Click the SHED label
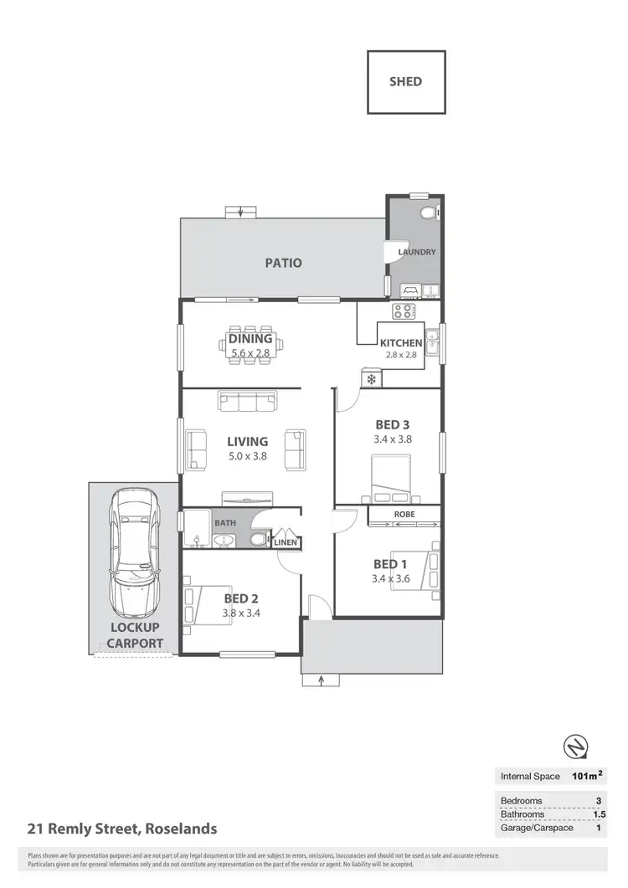coord(406,81)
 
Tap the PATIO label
coord(283,263)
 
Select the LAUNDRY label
coord(416,252)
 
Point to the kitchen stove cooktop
coord(404,311)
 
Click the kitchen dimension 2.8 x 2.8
coord(400,355)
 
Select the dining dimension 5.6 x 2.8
coord(250,353)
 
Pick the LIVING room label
coord(247,441)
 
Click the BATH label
coord(225,523)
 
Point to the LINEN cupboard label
coord(286,543)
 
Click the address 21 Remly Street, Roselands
coord(121,829)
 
